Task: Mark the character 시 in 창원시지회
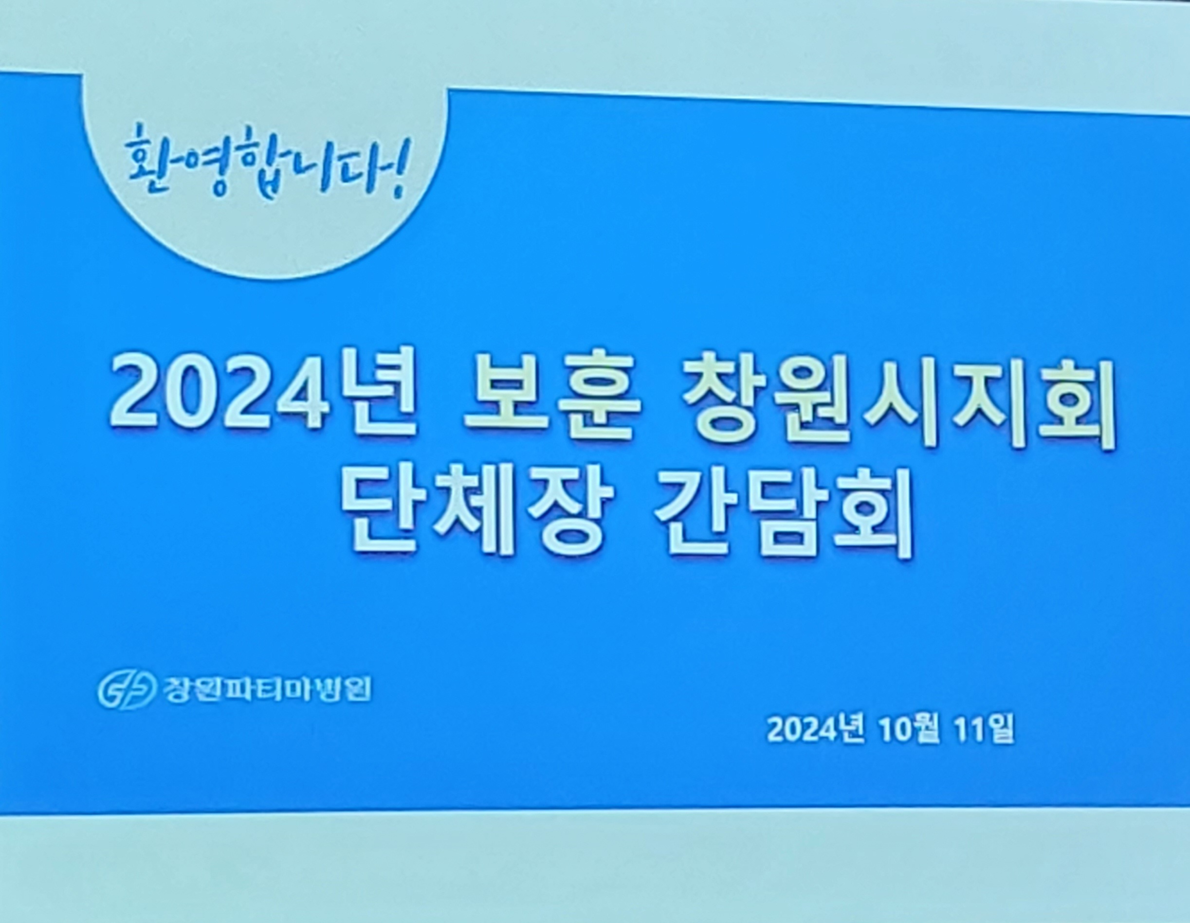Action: [899, 402]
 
